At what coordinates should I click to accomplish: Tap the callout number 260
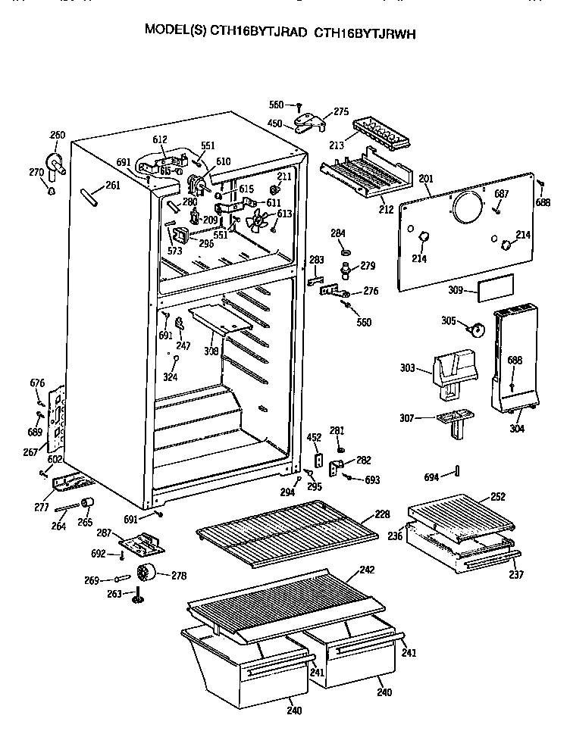coord(58,136)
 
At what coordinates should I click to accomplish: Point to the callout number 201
coord(425,179)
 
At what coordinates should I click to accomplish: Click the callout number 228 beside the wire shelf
coord(382,514)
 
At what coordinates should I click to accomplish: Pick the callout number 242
coord(367,570)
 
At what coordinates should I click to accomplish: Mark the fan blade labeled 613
coord(258,220)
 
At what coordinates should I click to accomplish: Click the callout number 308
coord(210,351)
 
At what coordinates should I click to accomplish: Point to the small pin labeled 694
coord(458,473)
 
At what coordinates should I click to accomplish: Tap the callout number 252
coord(497,497)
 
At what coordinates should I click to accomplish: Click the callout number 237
coord(516,573)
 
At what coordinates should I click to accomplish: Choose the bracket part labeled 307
coord(453,421)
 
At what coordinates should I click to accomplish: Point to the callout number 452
coord(314,437)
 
